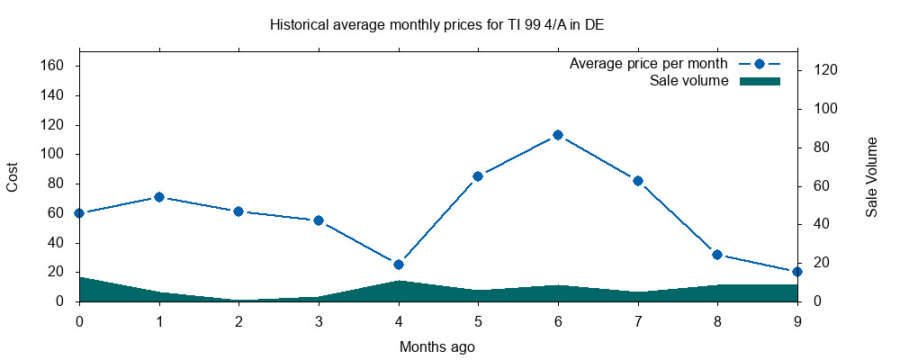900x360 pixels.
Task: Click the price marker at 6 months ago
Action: (558, 135)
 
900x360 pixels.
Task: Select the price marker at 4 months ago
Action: (399, 265)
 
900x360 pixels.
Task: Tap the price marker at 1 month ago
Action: (159, 196)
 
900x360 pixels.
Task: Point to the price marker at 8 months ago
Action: (717, 255)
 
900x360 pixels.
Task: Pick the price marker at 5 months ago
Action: (478, 176)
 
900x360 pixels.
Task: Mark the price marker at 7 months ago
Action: (638, 181)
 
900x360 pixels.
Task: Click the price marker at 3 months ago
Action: (319, 220)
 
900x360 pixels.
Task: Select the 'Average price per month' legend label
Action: (648, 64)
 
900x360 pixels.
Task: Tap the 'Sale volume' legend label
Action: (688, 81)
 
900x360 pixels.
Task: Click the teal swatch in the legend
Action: (759, 81)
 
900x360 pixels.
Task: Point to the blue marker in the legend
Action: (759, 64)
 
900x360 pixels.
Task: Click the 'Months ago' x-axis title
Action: (437, 346)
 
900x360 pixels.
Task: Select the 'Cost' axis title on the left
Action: (13, 176)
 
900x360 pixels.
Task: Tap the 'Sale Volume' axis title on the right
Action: (871, 176)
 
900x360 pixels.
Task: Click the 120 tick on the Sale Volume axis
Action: (826, 70)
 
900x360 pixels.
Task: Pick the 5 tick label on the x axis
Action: (478, 319)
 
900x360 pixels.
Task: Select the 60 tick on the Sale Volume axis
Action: (823, 186)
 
